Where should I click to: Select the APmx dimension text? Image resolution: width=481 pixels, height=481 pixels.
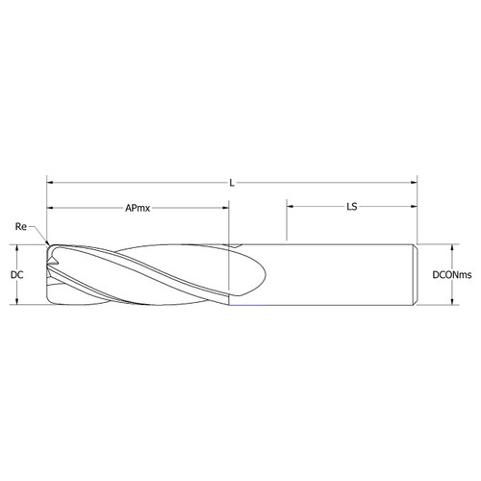(140, 207)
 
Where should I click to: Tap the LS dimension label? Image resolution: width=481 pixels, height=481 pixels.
(352, 207)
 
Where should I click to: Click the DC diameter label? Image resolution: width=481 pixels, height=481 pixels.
(16, 275)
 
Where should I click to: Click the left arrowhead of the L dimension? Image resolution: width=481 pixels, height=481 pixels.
(52, 181)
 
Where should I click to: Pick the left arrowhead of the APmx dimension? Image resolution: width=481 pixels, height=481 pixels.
(52, 207)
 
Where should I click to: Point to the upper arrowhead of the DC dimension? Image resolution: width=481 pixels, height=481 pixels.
(18, 247)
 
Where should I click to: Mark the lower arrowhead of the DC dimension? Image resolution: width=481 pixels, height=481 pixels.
(18, 302)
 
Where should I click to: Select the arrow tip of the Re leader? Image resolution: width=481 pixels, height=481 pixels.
(47, 242)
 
